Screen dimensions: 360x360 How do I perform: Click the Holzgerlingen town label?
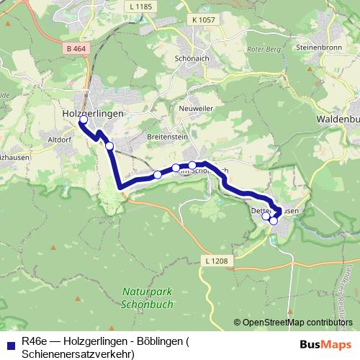94,114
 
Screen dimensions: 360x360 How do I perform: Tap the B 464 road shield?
75,48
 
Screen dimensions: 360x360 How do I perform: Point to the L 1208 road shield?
214,261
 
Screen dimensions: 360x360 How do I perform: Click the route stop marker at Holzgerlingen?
83,120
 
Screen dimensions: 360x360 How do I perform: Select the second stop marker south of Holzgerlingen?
158,174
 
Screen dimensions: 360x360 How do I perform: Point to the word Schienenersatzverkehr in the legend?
78,354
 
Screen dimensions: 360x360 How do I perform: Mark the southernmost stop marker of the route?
274,220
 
